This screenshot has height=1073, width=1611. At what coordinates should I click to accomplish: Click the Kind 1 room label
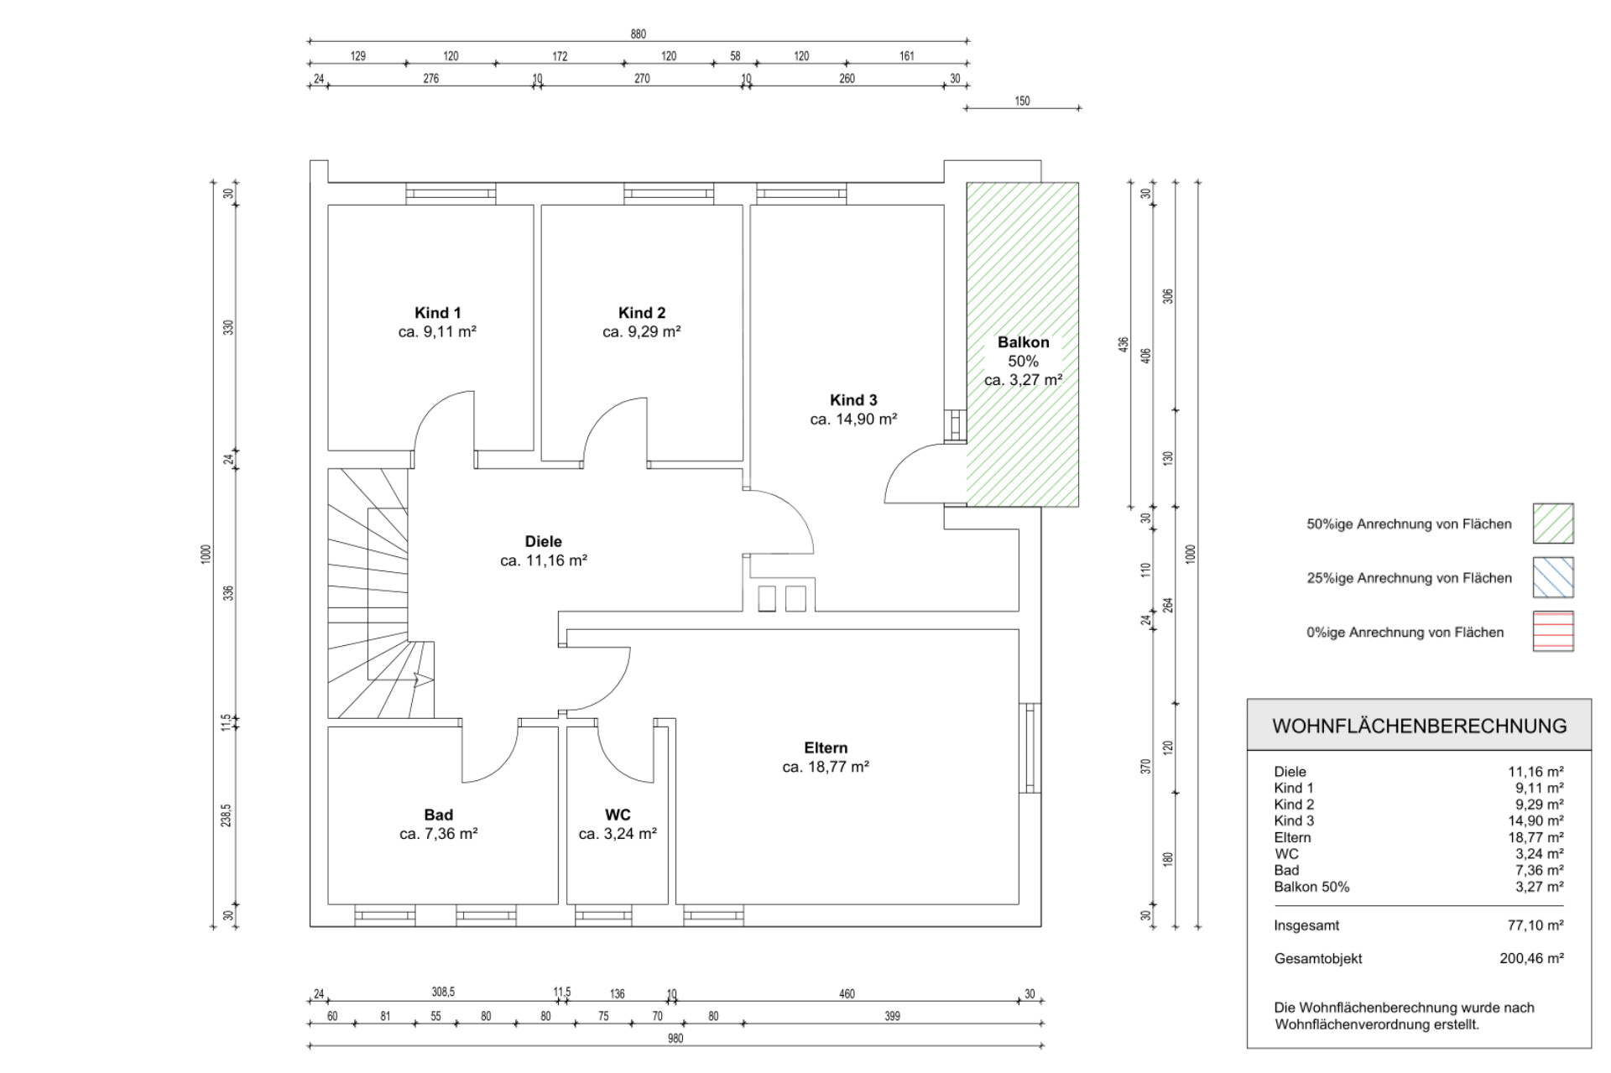coord(437,313)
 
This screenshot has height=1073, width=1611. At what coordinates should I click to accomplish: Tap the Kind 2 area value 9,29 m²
coord(642,331)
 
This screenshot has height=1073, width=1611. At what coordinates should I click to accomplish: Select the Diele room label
coord(544,541)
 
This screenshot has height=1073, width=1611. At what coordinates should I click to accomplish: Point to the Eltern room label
coord(826,747)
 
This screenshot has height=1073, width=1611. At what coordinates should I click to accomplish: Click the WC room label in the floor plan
coord(618,815)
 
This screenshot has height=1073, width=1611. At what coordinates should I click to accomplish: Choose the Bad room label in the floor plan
coord(438,815)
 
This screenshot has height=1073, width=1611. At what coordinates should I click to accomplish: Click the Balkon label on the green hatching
coord(1023,342)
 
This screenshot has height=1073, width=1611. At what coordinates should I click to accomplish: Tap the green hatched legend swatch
coord(1553,523)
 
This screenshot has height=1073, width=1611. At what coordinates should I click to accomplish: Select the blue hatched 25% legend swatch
coord(1553,577)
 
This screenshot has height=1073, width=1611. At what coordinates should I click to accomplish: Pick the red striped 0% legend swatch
coord(1553,631)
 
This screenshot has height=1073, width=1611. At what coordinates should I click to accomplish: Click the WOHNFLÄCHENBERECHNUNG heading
coord(1419,727)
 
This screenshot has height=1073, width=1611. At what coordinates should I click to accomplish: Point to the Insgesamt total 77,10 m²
coord(1535,925)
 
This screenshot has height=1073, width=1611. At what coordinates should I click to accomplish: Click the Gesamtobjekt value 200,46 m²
coord(1531,958)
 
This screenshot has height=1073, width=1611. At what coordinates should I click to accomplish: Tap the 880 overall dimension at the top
coord(639,34)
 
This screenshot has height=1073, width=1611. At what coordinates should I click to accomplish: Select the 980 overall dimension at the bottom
coord(675,1039)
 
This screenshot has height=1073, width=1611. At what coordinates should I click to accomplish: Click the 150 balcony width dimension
coord(1022,102)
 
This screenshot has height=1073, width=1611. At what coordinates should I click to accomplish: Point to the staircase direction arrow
coord(424,680)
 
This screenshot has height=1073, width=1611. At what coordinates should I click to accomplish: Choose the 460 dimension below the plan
coord(847,994)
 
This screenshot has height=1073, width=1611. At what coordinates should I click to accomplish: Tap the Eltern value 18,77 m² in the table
coord(1535,837)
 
